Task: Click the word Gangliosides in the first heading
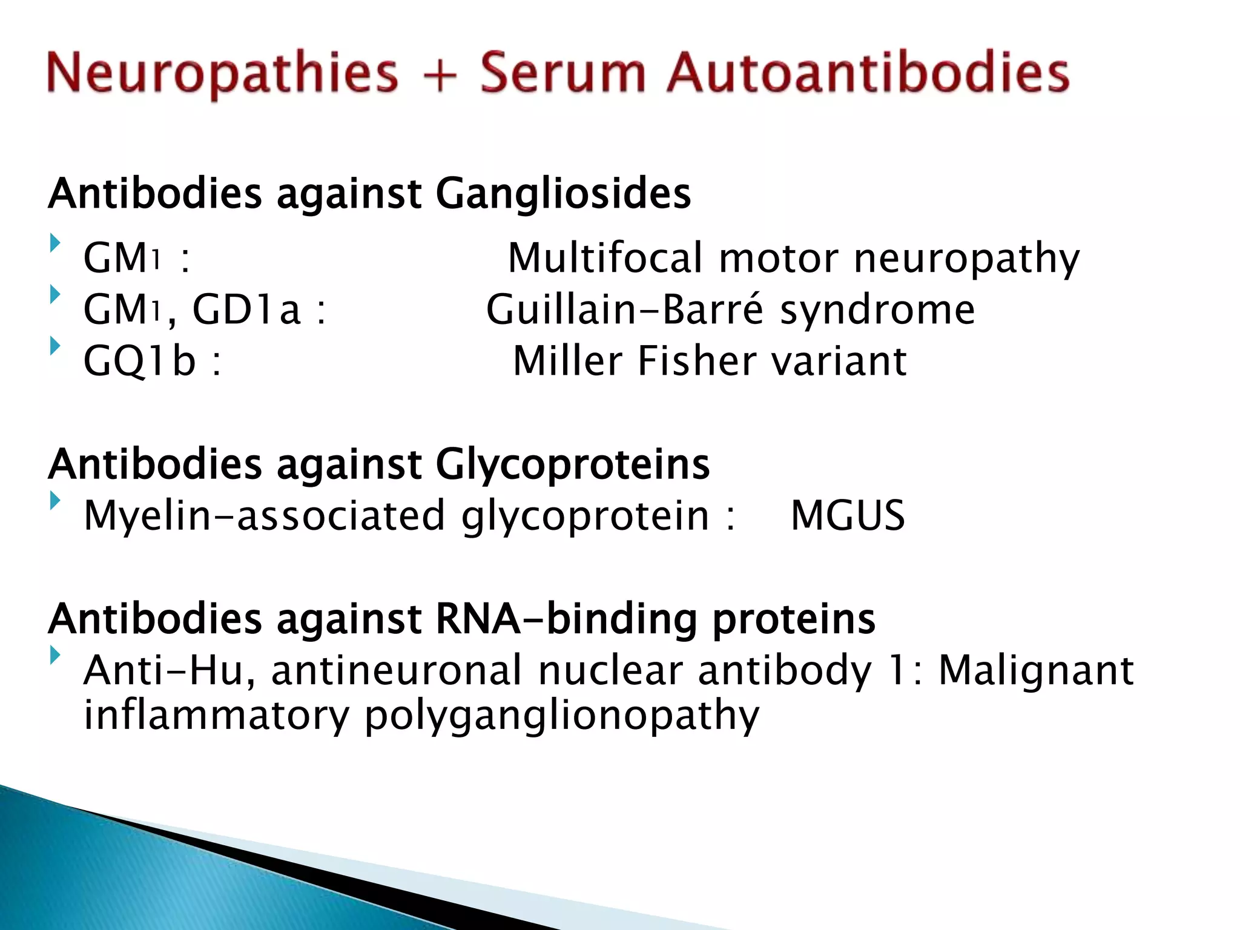tap(562, 194)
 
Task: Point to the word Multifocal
tap(605, 258)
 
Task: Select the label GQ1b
tap(140, 361)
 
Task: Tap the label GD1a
tap(246, 309)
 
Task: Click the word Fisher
tap(697, 361)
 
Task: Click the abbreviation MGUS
tap(847, 516)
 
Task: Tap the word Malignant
tap(1036, 671)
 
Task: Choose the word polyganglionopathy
tap(561, 716)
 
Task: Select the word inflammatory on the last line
tap(216, 715)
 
